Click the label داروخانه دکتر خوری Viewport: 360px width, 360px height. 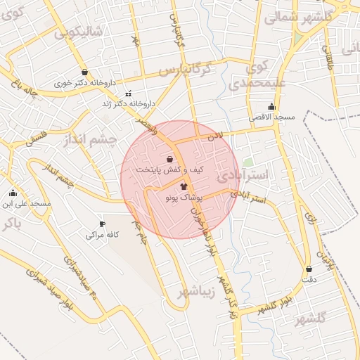pos(85,82)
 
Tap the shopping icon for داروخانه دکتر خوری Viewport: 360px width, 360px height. pos(85,72)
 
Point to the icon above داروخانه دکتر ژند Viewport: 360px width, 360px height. pos(127,94)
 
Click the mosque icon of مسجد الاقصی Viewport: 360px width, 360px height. pos(272,106)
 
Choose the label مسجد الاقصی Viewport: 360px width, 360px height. pos(274,116)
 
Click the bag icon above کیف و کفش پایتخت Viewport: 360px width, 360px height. pos(169,159)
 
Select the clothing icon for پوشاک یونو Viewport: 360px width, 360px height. pos(184,187)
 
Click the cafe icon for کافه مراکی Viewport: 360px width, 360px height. pos(103,224)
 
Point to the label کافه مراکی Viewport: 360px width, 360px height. pos(102,234)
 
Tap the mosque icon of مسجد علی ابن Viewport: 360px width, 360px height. pos(13,193)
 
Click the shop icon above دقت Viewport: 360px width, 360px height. pos(309,269)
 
